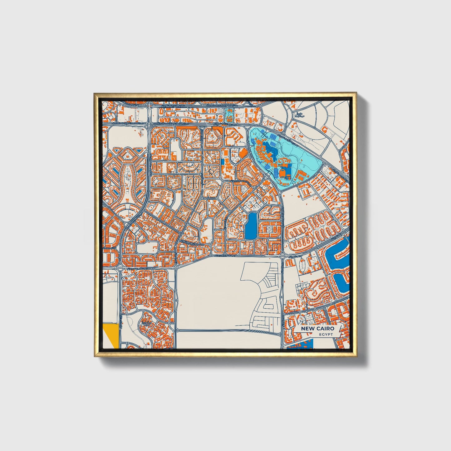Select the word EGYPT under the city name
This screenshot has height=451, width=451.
326,334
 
